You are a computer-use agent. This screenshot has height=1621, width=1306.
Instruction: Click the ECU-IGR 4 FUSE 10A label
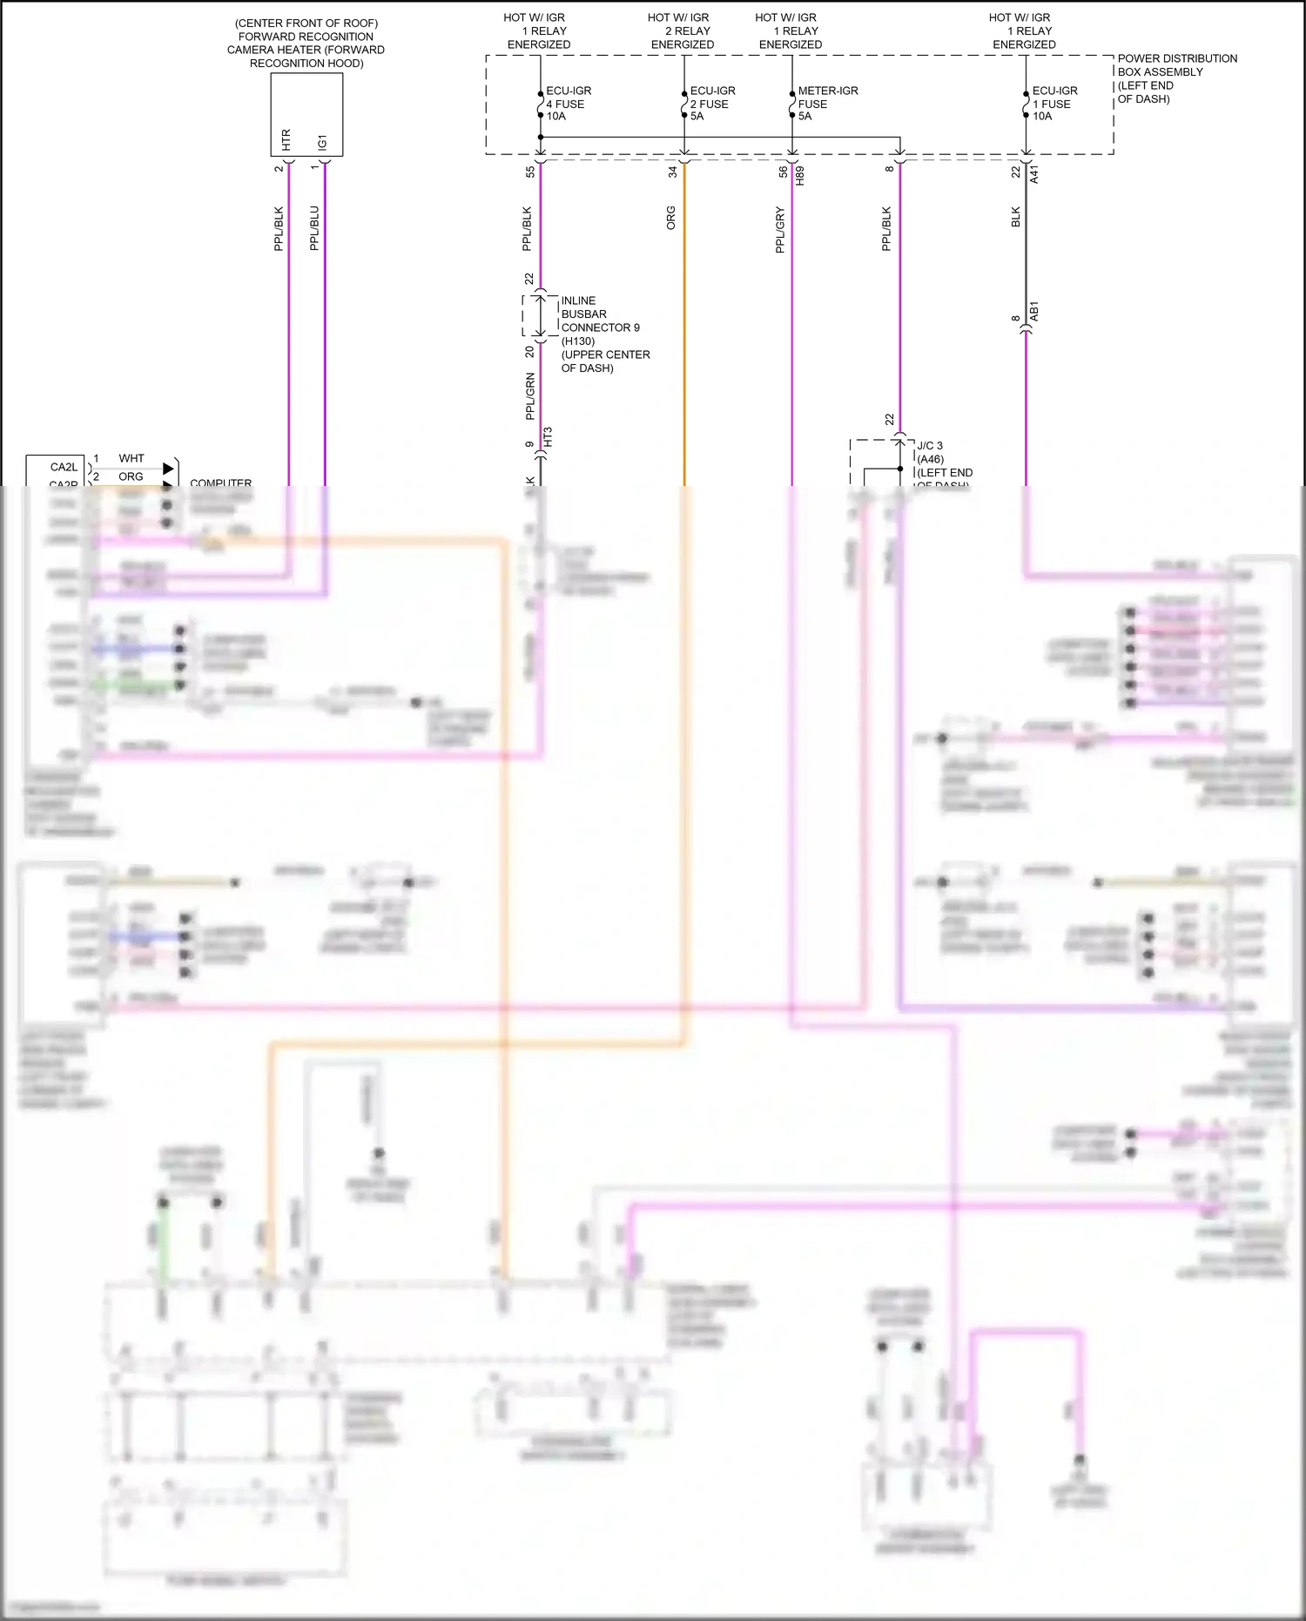coord(568,104)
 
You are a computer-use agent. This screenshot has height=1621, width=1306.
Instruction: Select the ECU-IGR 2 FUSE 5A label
coord(711,104)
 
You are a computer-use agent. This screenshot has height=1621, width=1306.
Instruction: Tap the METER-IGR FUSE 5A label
coord(826,104)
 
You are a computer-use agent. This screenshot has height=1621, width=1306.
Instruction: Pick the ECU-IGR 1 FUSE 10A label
coord(1054,104)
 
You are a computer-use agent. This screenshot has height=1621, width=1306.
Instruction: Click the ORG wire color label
coord(671,218)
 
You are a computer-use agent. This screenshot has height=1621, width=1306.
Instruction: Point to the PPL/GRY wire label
coord(780,230)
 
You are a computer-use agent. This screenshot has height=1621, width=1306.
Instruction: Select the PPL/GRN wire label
coord(529,396)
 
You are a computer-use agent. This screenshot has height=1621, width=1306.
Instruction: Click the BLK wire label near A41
coord(1016,218)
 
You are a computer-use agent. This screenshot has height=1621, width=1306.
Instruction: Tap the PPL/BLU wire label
coord(314,228)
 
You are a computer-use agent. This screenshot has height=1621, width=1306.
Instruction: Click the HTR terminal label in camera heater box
coord(286,139)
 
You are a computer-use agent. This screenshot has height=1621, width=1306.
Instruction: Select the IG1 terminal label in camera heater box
coord(322,141)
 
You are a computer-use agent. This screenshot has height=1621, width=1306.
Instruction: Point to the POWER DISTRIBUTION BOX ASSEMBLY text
coord(1175,78)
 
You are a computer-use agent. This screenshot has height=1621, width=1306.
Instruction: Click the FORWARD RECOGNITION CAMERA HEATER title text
coord(306,43)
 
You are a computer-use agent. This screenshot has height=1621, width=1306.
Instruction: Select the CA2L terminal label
coord(64,468)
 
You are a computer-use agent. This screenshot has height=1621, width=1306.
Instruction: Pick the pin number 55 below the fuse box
coord(530,172)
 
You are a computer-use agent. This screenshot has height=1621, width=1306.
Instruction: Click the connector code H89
coord(800,175)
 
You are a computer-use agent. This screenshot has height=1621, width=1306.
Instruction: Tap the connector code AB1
coord(1034,311)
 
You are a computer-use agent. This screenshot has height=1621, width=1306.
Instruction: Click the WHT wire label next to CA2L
coord(131,458)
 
